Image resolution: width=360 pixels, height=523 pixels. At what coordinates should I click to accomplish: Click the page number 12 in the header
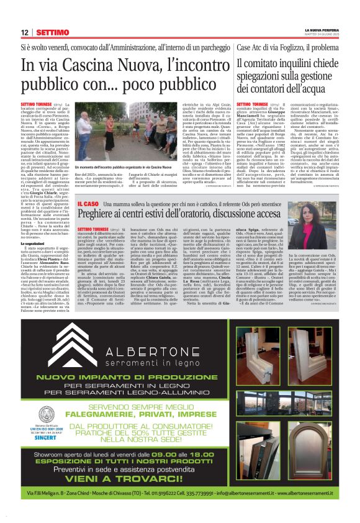coord(24,32)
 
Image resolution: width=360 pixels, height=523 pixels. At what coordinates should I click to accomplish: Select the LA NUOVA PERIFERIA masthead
coord(322,29)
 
